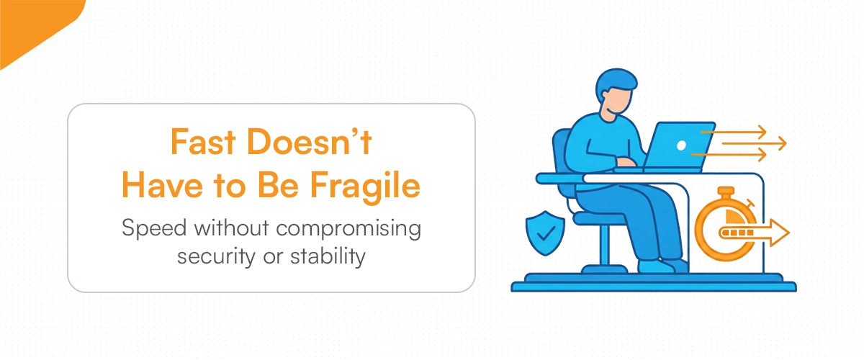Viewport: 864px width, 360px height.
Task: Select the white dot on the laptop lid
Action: click(x=681, y=145)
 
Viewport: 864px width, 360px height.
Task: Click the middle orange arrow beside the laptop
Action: click(x=752, y=143)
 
